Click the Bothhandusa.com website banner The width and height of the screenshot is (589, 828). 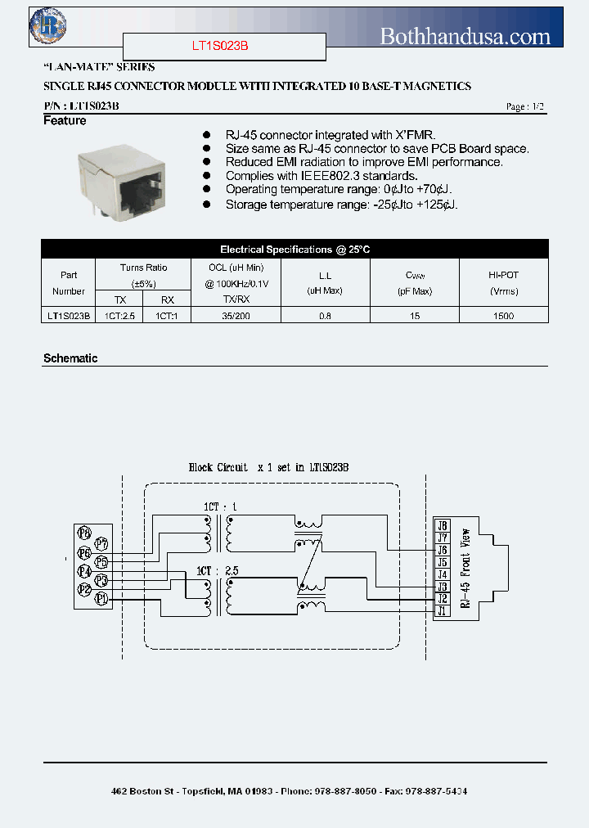click(465, 35)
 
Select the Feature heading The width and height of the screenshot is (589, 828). click(65, 121)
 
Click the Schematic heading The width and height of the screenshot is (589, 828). click(70, 358)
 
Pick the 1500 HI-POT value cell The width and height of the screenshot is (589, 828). click(504, 316)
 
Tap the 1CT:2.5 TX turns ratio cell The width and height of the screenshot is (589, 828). click(120, 316)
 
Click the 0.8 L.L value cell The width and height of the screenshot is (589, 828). click(326, 316)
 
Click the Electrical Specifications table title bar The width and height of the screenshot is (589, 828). click(294, 250)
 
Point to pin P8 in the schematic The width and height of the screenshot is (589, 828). click(84, 533)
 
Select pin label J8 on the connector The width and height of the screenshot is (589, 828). click(443, 525)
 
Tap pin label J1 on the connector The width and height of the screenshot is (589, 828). click(443, 611)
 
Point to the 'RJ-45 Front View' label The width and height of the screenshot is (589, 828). click(465, 569)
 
